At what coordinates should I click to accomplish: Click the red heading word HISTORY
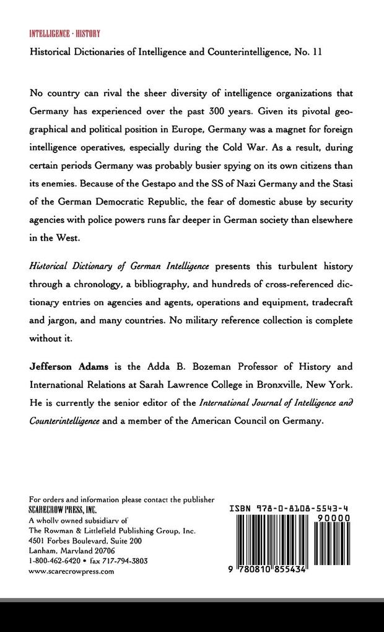pyautogui.click(x=88, y=33)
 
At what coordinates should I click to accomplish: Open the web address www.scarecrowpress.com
pyautogui.click(x=71, y=571)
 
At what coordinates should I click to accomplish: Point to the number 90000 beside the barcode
pyautogui.click(x=333, y=517)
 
